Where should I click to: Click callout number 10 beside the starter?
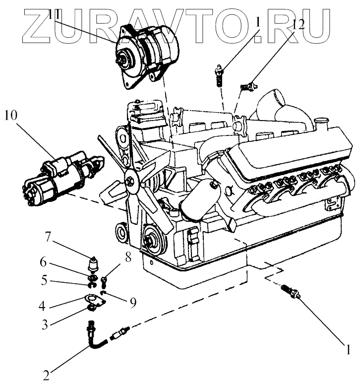click(11, 116)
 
